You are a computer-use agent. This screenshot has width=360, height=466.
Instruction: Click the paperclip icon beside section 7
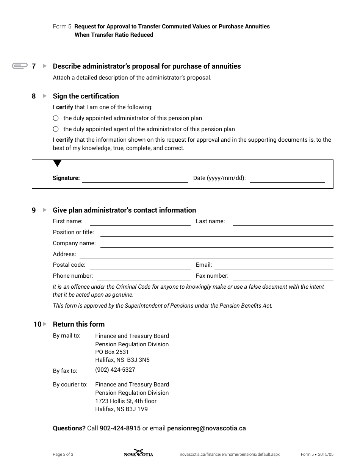pyautogui.click(x=20, y=66)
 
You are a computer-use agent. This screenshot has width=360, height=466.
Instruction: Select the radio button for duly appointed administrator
pyautogui.click(x=56, y=118)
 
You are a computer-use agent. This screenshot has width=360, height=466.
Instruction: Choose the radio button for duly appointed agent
pyautogui.click(x=56, y=129)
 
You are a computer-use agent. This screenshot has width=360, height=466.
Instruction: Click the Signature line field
pyautogui.click(x=135, y=179)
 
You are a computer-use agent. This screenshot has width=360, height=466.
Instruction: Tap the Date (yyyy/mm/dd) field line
pyautogui.click(x=287, y=179)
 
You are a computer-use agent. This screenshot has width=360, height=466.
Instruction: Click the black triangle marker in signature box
pyautogui.click(x=57, y=164)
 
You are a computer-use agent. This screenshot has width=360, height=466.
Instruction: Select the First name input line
pyautogui.click(x=140, y=222)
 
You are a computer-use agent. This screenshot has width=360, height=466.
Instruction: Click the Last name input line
pyautogui.click(x=283, y=222)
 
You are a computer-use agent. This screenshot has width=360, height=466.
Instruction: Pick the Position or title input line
pyautogui.click(x=217, y=233)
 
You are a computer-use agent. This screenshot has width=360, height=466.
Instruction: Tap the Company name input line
pyautogui.click(x=217, y=244)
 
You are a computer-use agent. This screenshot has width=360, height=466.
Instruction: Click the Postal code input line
pyautogui.click(x=140, y=266)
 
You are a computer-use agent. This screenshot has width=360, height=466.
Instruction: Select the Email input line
pyautogui.click(x=274, y=266)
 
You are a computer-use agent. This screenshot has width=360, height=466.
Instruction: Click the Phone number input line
pyautogui.click(x=144, y=277)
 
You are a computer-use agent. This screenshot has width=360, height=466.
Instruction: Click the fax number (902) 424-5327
pyautogui.click(x=115, y=370)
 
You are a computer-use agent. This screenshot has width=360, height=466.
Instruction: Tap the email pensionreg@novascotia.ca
pyautogui.click(x=207, y=428)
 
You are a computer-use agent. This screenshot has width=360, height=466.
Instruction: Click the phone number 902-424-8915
pyautogui.click(x=120, y=428)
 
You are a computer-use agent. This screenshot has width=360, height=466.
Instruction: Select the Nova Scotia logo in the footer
pyautogui.click(x=139, y=453)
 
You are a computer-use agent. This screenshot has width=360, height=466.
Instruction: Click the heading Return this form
pyautogui.click(x=78, y=324)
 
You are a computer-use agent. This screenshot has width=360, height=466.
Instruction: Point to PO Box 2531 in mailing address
pyautogui.click(x=112, y=352)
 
